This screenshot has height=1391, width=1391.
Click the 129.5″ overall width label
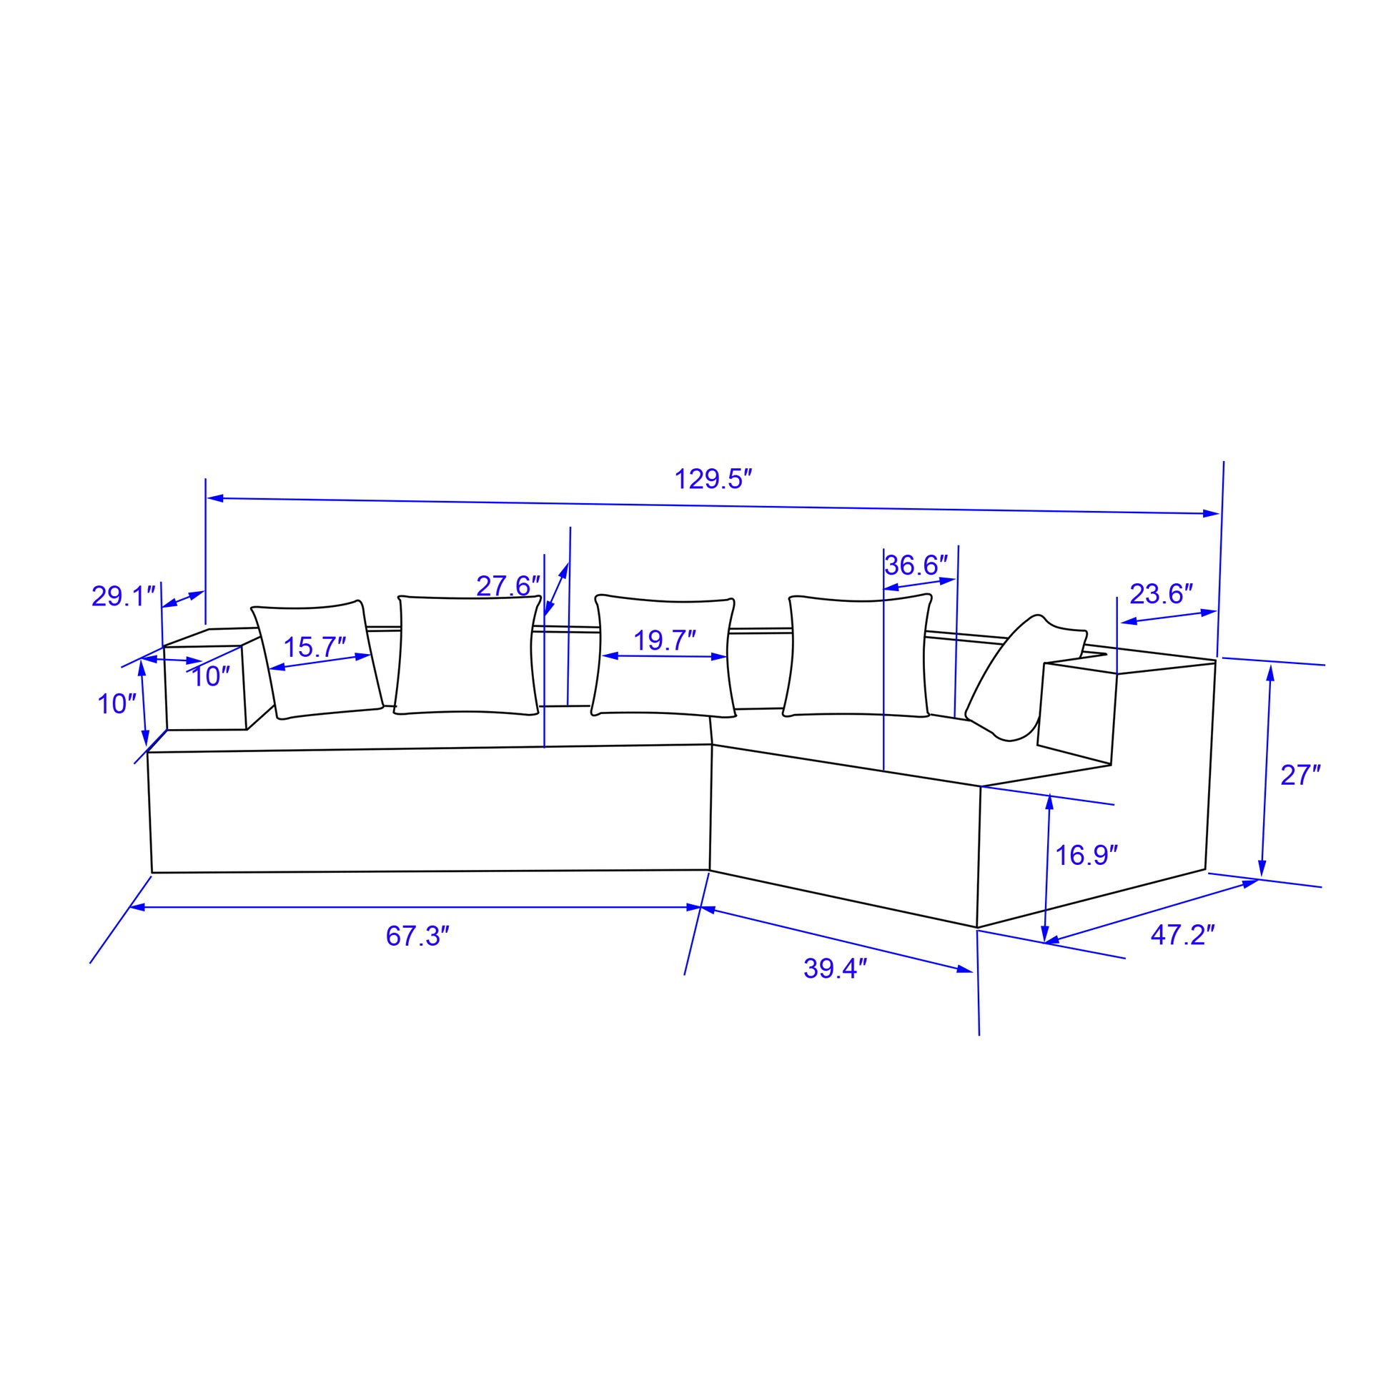click(x=713, y=480)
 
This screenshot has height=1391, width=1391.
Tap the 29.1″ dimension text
click(x=124, y=597)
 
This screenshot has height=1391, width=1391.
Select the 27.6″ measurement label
click(x=508, y=586)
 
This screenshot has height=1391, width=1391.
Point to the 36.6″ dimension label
click(x=916, y=565)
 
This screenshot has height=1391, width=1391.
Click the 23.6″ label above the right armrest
click(x=1162, y=594)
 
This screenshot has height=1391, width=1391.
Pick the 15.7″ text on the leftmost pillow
click(x=315, y=648)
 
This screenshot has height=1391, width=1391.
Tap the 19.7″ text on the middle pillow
click(x=664, y=640)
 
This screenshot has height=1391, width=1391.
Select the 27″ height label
click(x=1300, y=776)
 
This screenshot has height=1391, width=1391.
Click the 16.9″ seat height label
click(x=1086, y=856)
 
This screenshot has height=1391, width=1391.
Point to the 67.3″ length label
click(x=417, y=936)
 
